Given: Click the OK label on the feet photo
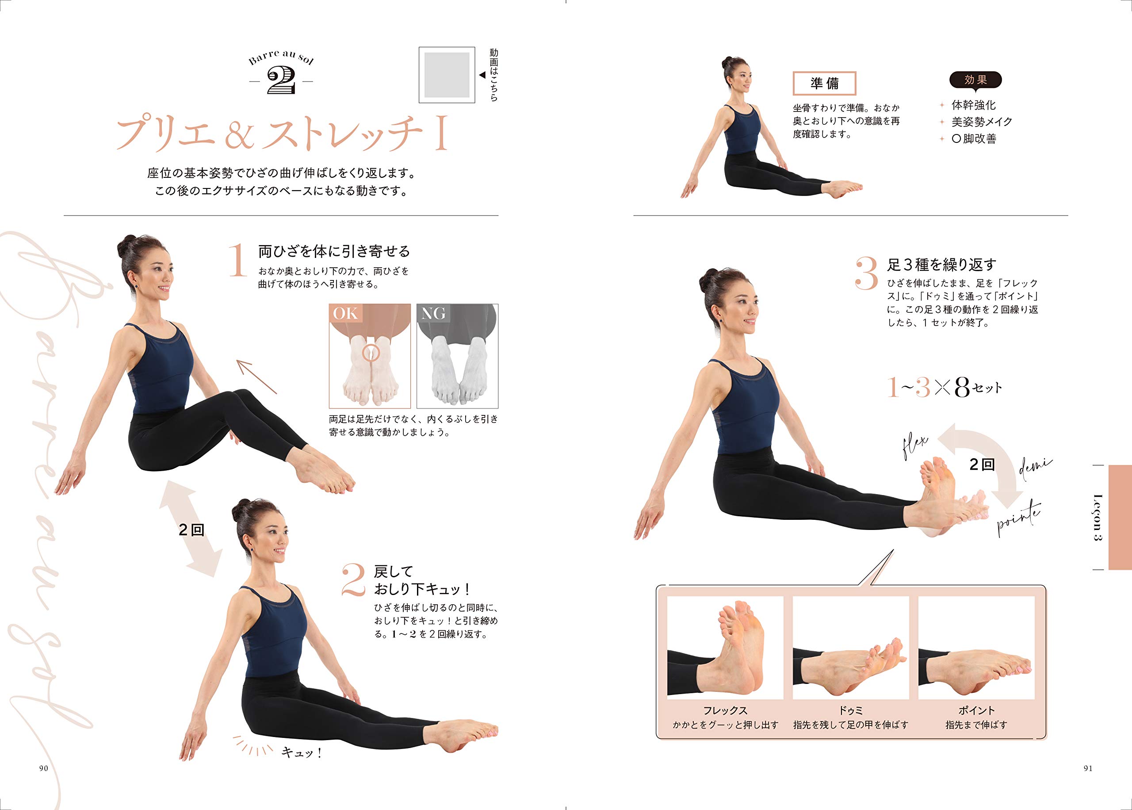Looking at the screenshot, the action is pyautogui.click(x=345, y=313).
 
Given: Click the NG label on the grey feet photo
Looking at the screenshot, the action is pyautogui.click(x=433, y=313).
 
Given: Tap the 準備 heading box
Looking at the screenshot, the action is pyautogui.click(x=824, y=83).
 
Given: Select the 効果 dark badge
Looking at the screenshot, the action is pyautogui.click(x=975, y=80).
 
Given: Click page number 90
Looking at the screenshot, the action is pyautogui.click(x=43, y=768).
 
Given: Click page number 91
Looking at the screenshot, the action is pyautogui.click(x=1088, y=768).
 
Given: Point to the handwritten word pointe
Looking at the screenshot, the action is pyautogui.click(x=1019, y=519).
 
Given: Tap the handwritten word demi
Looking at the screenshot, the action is pyautogui.click(x=1035, y=469).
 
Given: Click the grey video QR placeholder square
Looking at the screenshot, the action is pyautogui.click(x=447, y=75).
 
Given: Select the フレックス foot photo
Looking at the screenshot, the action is pyautogui.click(x=725, y=647).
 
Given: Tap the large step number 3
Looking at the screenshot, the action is pyautogui.click(x=866, y=273).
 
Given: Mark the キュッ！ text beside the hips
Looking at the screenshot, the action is pyautogui.click(x=302, y=752).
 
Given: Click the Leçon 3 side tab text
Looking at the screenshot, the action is pyautogui.click(x=1098, y=517).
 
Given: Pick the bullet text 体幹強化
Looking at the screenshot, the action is pyautogui.click(x=974, y=105).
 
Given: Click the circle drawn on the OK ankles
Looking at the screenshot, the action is pyautogui.click(x=370, y=353).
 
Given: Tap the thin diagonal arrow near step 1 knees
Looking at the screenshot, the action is pyautogui.click(x=256, y=377).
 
